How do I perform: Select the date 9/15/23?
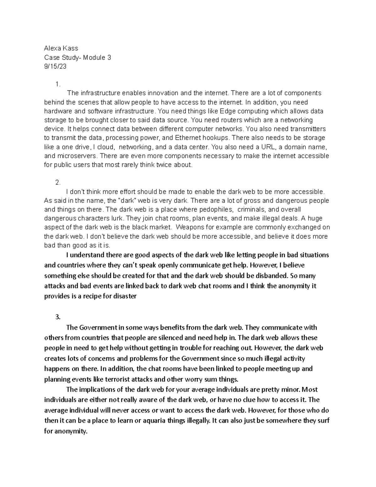[x=55, y=66]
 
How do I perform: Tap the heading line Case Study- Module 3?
[x=77, y=57]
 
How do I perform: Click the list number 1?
[x=57, y=84]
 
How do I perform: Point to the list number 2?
[x=57, y=183]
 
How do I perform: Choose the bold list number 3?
[x=57, y=317]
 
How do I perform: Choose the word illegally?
[x=194, y=421]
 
